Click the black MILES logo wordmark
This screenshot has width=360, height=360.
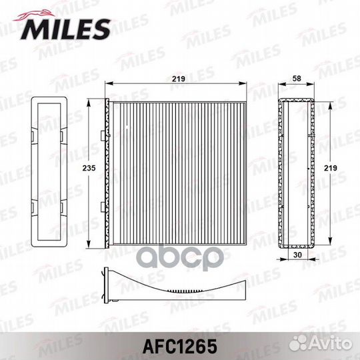[x=65, y=29]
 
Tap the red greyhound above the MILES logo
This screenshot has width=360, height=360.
[x=34, y=15]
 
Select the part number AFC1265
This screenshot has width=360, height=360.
[x=180, y=346]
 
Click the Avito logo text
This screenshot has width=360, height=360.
[x=331, y=343]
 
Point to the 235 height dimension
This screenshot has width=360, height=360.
[x=89, y=168]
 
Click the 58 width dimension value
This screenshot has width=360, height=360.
[x=297, y=79]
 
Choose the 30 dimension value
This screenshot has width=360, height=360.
[x=297, y=255]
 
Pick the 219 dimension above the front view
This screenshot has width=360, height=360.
[x=179, y=79]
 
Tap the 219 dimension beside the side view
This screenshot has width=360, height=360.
[x=331, y=168]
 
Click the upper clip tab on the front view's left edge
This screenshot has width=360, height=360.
[x=103, y=135]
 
